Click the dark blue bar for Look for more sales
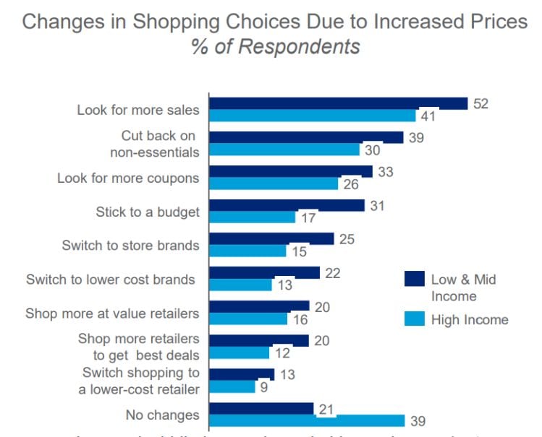click(338, 103)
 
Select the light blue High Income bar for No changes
click(307, 420)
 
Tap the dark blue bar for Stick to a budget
click(287, 205)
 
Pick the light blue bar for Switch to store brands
click(248, 251)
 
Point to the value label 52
click(481, 103)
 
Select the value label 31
click(378, 206)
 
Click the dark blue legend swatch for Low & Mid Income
click(413, 279)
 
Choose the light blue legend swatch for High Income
click(413, 319)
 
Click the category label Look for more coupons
click(128, 178)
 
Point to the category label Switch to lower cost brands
click(110, 279)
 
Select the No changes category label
click(162, 415)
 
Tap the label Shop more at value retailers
click(112, 313)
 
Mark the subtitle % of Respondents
click(275, 48)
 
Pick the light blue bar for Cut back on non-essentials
click(284, 150)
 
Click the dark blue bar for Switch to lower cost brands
click(264, 272)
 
